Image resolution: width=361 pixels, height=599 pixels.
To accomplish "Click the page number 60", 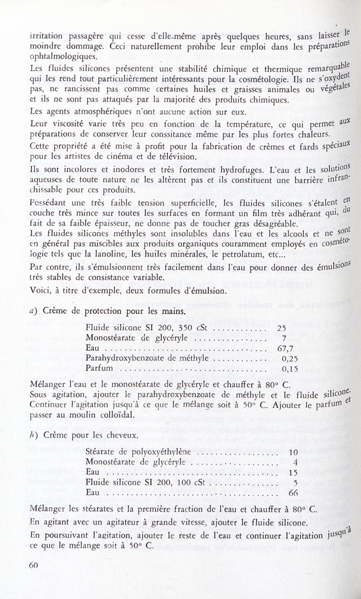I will (32, 565).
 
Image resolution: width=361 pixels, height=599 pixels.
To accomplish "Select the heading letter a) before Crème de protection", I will (33, 311).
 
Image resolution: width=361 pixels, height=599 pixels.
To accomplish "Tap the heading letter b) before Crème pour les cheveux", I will (32, 435).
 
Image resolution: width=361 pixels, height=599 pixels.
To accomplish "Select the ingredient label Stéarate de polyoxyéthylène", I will (138, 452).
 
